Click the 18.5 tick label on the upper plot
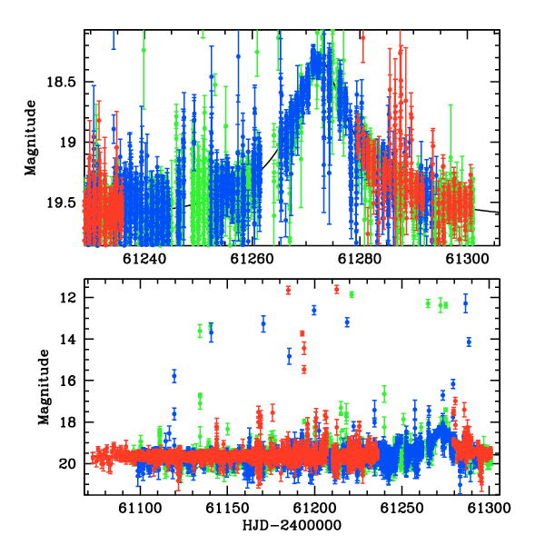point(61,82)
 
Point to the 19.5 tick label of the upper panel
point(61,203)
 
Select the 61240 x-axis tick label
point(144,259)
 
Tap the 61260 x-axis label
point(252,259)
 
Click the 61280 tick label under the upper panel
point(360,259)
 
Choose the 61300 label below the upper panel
point(467,259)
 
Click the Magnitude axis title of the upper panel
point(31,138)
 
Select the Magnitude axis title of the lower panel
point(44,387)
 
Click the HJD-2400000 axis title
point(292,525)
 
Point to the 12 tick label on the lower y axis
point(67,298)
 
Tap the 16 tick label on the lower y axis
point(67,381)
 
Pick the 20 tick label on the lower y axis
point(67,463)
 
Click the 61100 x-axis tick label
point(140,508)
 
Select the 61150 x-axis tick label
point(227,508)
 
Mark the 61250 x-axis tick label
point(401,508)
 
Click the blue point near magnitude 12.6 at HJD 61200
point(314,310)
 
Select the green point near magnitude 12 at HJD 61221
point(352,294)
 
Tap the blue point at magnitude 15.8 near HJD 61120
point(174,376)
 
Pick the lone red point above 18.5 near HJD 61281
point(362,37)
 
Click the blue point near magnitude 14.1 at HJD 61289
point(469,342)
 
